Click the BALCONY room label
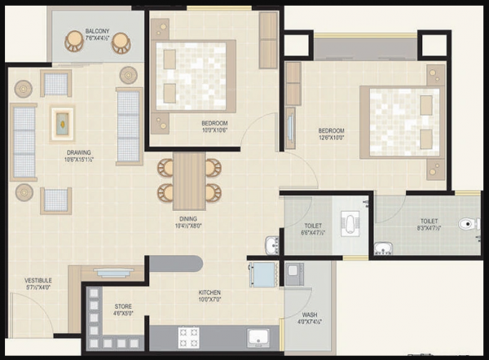pyautogui.click(x=97, y=32)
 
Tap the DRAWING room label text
pyautogui.click(x=79, y=152)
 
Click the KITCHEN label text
pyautogui.click(x=209, y=292)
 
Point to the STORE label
pyautogui.click(x=123, y=306)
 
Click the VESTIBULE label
pyautogui.click(x=37, y=280)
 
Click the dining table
pyautogui.click(x=189, y=179)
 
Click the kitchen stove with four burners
pyautogui.click(x=189, y=336)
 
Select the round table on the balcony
pyautogui.click(x=97, y=42)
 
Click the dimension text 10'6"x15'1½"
pyautogui.click(x=79, y=160)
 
